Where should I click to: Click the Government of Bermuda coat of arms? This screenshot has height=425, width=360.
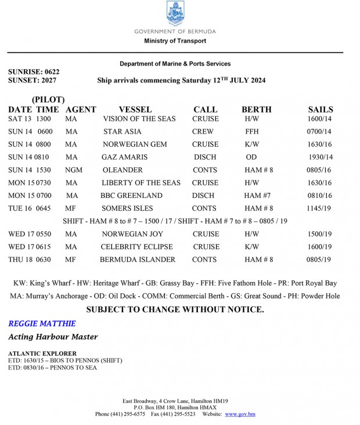point(175,13)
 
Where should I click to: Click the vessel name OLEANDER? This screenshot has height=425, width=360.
point(123,170)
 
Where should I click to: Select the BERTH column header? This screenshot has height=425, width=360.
point(256,109)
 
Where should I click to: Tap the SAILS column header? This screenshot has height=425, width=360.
point(321,109)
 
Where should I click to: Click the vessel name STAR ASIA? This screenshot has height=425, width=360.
point(122,132)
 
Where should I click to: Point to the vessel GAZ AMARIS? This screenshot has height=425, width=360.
point(124,157)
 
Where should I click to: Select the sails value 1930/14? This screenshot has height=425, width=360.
point(319,157)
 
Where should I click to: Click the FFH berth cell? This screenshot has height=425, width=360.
point(252,132)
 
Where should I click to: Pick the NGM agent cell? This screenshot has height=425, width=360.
point(74,170)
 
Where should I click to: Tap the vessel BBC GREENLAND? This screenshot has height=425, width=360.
point(131,196)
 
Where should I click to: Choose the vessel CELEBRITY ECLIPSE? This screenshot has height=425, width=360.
point(138,247)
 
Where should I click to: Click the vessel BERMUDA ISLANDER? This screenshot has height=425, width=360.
point(138,260)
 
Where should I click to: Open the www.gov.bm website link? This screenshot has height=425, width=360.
point(240,414)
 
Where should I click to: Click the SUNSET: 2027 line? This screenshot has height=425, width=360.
point(33,81)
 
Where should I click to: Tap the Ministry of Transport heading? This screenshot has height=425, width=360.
point(175,41)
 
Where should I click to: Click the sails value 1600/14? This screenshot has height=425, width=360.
point(319,119)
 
